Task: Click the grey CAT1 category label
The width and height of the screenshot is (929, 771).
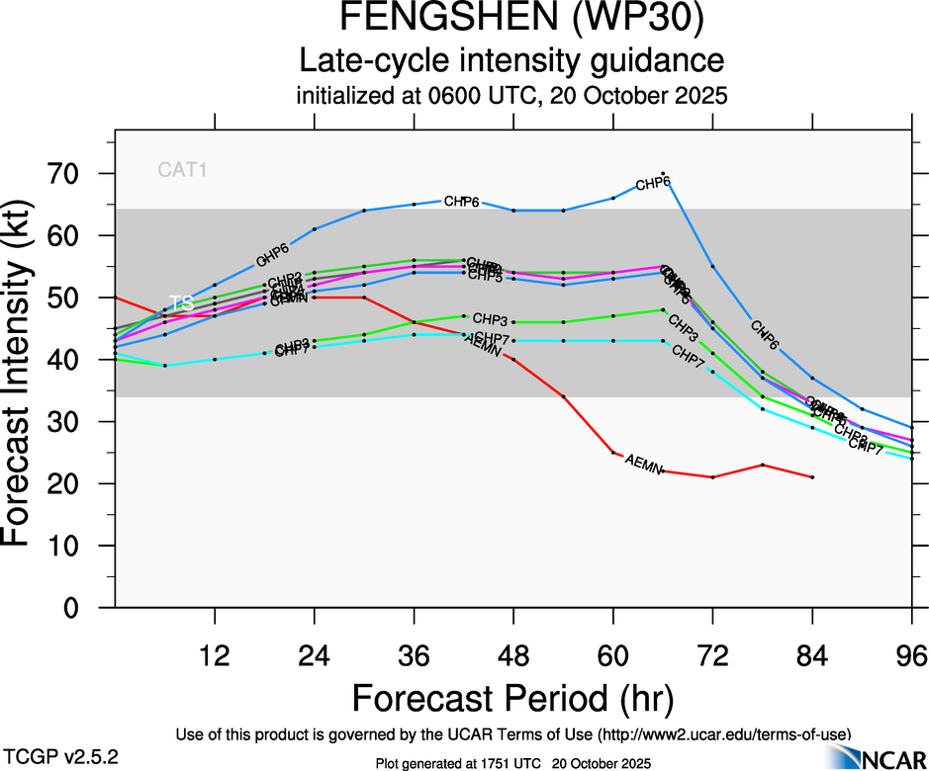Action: click(x=183, y=169)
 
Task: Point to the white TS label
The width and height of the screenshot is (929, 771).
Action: click(x=181, y=303)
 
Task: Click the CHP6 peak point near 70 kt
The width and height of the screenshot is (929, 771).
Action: click(x=663, y=173)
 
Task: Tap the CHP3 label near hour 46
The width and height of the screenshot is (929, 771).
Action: click(x=490, y=319)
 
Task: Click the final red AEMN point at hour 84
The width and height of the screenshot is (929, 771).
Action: click(x=812, y=477)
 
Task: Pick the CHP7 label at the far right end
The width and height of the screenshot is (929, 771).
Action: click(x=866, y=444)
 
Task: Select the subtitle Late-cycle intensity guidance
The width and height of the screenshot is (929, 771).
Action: click(x=512, y=60)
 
